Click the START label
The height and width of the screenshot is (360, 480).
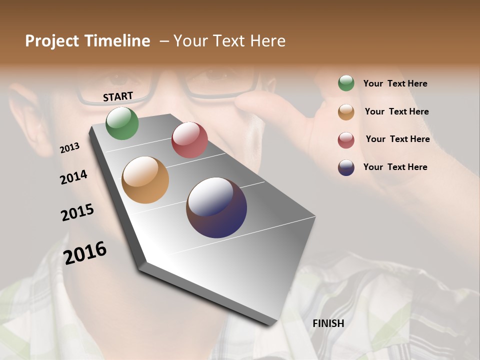click(118, 96)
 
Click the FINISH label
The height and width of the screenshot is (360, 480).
click(328, 323)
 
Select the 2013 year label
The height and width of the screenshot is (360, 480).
click(69, 148)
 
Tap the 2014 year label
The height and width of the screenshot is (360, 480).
click(73, 177)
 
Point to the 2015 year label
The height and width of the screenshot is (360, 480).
click(77, 212)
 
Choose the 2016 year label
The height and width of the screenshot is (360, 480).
click(85, 253)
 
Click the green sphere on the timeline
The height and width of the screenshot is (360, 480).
click(122, 123)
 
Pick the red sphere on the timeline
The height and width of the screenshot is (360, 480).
click(189, 140)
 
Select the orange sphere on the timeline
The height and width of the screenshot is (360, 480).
click(145, 180)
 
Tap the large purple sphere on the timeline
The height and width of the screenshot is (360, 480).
click(216, 207)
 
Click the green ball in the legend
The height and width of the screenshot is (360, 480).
click(346, 83)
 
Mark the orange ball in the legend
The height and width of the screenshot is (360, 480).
click(346, 112)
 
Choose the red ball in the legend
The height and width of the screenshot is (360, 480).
click(346, 140)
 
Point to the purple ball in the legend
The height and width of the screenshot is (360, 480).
click(346, 167)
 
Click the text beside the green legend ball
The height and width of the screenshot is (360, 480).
click(395, 84)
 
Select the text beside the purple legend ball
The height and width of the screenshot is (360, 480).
click(395, 167)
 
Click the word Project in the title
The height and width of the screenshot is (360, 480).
click(52, 41)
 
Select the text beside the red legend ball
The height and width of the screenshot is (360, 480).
click(397, 139)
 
